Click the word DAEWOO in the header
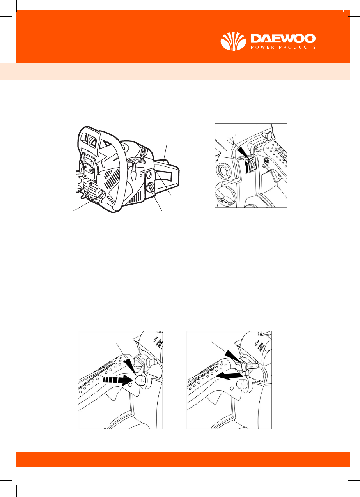283,39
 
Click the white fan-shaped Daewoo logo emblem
233,41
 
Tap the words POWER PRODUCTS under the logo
283,47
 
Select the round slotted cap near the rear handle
151,188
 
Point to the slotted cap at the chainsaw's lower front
102,195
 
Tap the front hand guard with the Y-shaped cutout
89,140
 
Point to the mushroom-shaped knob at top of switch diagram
267,134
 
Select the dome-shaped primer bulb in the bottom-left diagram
140,381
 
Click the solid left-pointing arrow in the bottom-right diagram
229,376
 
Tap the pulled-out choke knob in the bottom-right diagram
250,366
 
